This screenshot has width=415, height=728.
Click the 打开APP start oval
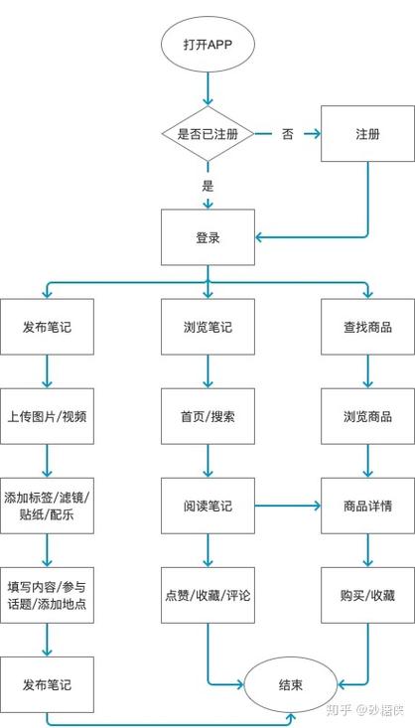point(207,46)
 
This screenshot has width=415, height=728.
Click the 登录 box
point(207,238)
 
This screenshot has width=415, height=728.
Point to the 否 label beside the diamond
point(287,134)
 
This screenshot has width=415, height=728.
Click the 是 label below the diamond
point(207,185)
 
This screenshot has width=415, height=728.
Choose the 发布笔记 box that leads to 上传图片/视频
point(48,327)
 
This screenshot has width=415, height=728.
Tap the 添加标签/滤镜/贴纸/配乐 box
point(48,506)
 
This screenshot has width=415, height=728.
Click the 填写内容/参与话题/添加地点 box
point(48,595)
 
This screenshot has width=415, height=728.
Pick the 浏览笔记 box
point(207,327)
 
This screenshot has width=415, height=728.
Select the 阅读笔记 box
point(207,506)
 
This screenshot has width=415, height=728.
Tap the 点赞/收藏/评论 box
point(207,595)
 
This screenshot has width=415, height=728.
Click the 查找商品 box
point(366,327)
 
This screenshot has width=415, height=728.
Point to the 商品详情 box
point(366,506)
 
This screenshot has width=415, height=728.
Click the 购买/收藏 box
point(366,595)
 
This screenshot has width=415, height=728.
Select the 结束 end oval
point(290,684)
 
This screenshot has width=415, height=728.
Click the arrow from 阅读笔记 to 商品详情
point(287,506)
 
